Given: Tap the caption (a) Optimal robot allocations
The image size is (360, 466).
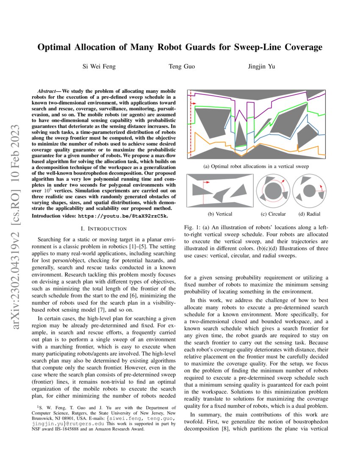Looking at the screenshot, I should click(256, 166).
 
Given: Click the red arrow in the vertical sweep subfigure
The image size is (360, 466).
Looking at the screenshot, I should click(207, 183).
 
